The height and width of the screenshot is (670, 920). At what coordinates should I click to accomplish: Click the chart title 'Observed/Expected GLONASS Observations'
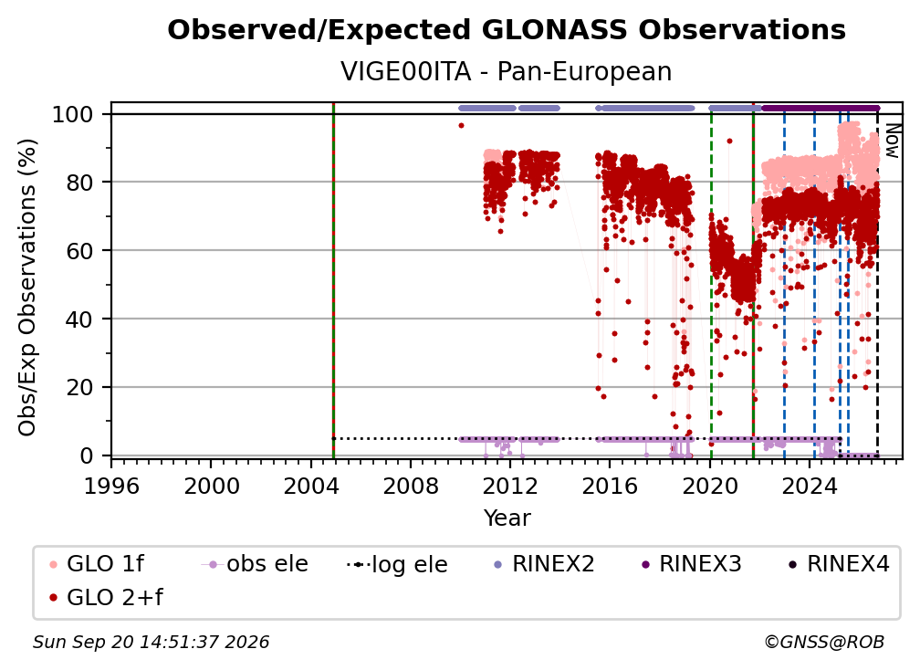507,30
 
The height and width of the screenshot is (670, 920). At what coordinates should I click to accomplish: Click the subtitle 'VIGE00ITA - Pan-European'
507,71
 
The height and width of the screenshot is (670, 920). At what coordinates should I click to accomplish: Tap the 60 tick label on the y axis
79,250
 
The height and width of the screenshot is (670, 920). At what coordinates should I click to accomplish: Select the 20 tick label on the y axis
79,387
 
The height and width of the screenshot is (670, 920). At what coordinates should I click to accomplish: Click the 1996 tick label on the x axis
111,486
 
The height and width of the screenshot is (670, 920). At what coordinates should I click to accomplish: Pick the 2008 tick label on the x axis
410,486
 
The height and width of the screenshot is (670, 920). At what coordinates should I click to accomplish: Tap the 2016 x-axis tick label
610,486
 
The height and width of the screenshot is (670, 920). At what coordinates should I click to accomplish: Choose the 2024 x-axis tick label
809,486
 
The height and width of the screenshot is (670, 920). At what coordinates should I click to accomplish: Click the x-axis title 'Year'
507,518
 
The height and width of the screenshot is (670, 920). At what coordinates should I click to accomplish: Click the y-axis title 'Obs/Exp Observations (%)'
27,288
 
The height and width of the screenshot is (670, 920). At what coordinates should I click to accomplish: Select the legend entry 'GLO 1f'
97,564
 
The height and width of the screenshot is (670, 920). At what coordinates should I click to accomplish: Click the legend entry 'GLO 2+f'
106,597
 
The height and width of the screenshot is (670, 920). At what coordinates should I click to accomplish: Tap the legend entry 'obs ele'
255,564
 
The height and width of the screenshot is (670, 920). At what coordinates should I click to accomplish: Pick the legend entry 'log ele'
397,564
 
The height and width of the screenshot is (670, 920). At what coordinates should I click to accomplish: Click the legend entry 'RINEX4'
839,564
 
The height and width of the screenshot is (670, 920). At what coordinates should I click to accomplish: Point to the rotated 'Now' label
892,141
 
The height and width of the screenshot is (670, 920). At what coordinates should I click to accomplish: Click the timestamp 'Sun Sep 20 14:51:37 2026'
151,642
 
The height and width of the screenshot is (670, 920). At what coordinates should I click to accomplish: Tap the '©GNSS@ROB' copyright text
824,642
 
